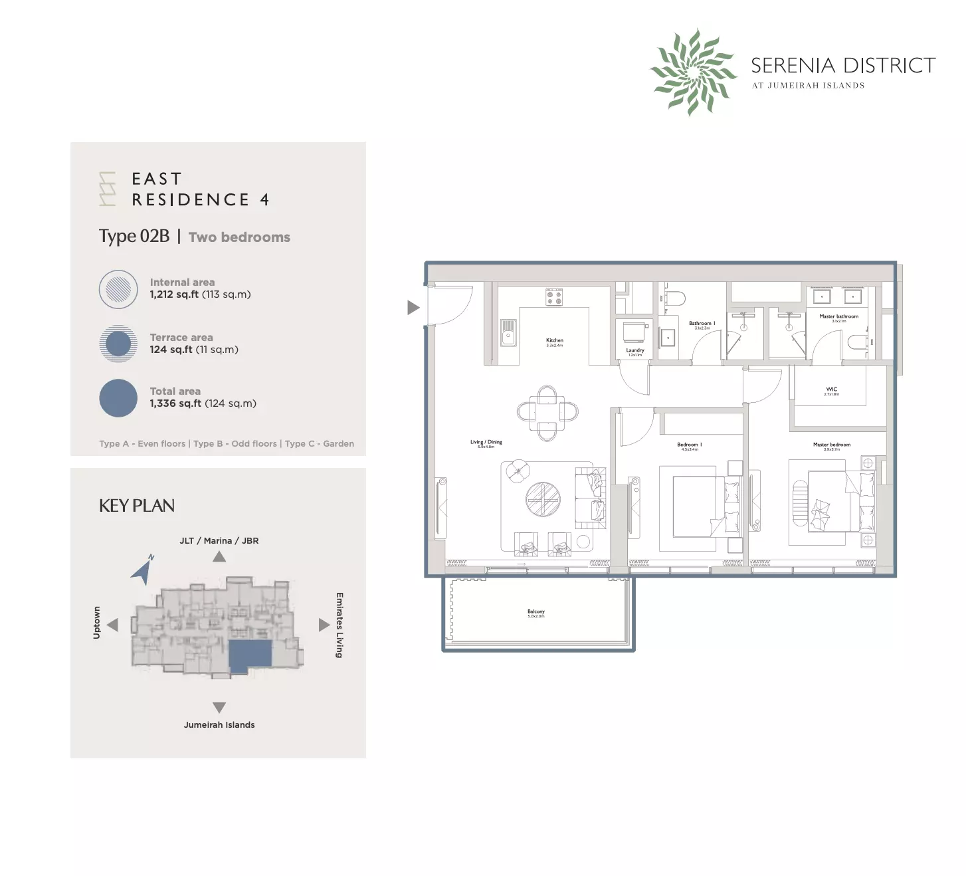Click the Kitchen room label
tap(554, 340)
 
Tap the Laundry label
tap(634, 350)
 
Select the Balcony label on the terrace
tap(535, 611)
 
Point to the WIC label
tap(831, 389)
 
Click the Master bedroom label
tap(831, 445)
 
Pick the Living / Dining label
tap(486, 442)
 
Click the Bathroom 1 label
tap(702, 324)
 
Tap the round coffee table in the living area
tap(543, 498)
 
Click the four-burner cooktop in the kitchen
tap(554, 297)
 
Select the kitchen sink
tap(508, 332)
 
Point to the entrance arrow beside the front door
tap(413, 307)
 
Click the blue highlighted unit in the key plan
tap(250, 654)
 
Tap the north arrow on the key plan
tap(143, 570)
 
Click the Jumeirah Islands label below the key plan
tap(219, 724)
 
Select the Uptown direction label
tap(96, 623)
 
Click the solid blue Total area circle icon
tap(118, 397)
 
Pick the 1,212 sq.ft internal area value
tap(174, 294)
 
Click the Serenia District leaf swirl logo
tap(693, 72)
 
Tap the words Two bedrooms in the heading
tap(239, 237)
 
